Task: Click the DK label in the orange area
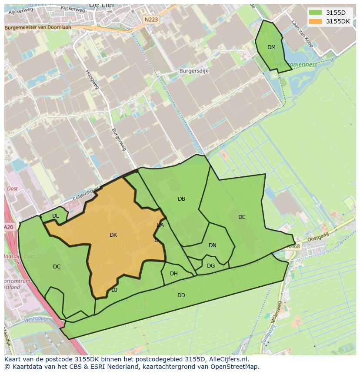point(113,235)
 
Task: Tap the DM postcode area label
point(271,47)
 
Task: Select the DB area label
point(181,199)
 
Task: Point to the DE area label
point(242,217)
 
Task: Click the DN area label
point(212,245)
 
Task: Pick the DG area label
point(210,266)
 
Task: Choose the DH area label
point(173,274)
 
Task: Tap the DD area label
point(181,295)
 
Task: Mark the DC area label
point(57,267)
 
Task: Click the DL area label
point(55,216)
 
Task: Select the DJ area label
point(114,290)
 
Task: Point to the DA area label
point(160,225)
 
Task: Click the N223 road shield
point(151,20)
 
